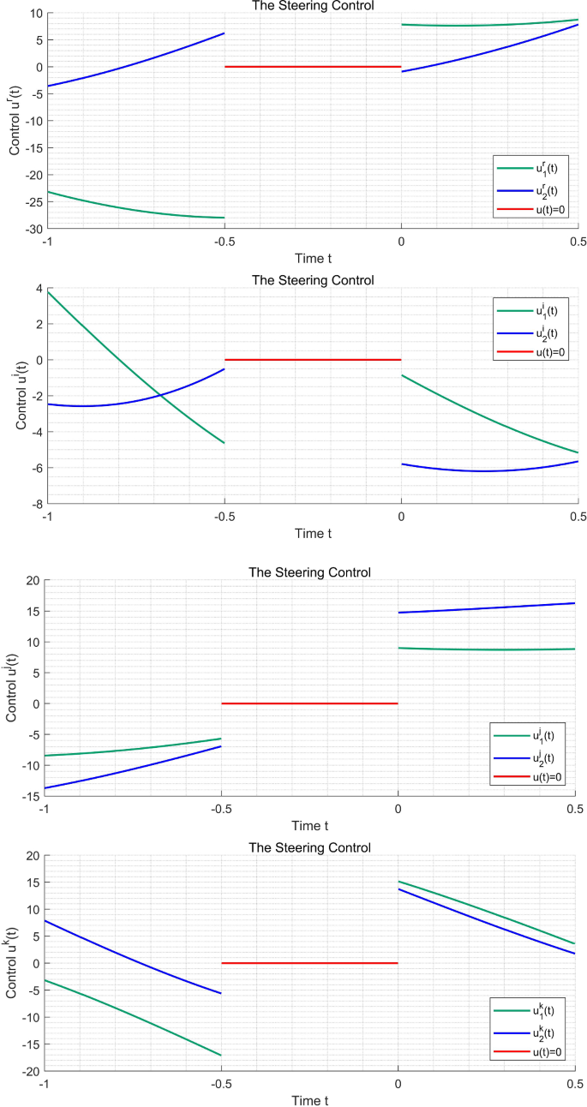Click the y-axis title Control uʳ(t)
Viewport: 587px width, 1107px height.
[x=15, y=121]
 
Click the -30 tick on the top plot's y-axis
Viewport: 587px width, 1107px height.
[x=32, y=230]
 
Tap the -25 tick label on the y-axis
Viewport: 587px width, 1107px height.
[x=32, y=202]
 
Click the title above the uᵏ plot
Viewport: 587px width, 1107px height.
[x=309, y=847]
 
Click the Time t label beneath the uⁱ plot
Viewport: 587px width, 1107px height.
[x=313, y=533]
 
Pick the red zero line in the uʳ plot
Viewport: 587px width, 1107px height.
[x=313, y=67]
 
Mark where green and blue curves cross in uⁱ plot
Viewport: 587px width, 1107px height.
[x=159, y=395]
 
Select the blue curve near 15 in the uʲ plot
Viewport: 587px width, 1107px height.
[x=488, y=607]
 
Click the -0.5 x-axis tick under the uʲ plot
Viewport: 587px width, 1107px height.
[x=221, y=808]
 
